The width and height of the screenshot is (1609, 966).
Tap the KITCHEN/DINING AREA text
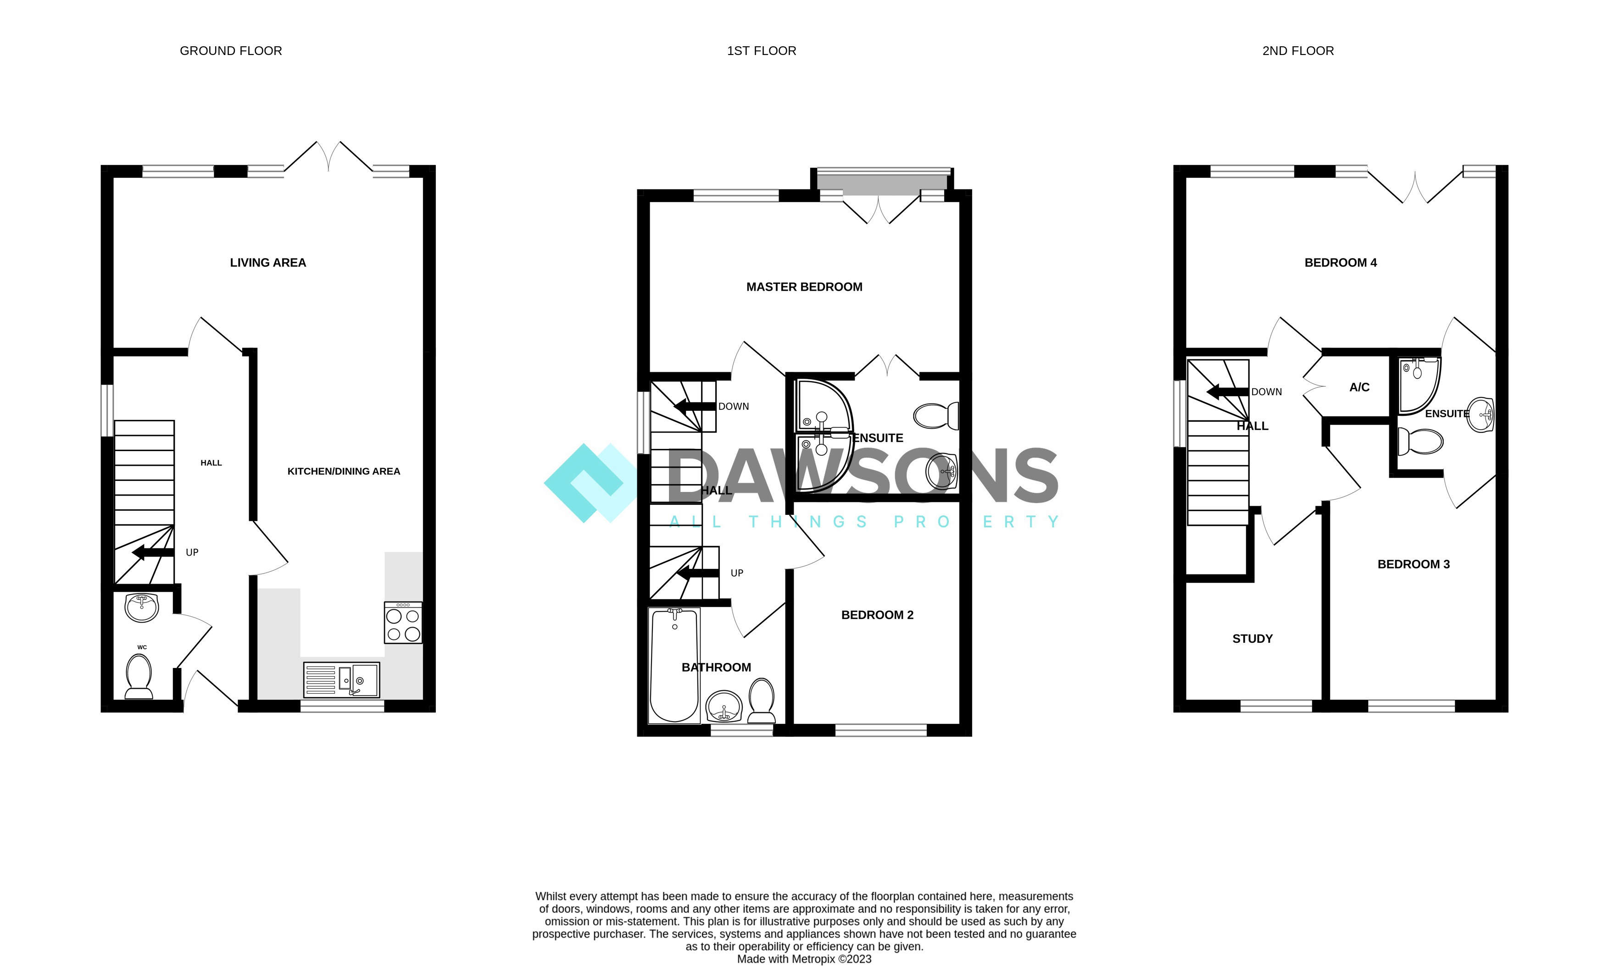click(343, 471)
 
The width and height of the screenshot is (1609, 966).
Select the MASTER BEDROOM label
click(804, 287)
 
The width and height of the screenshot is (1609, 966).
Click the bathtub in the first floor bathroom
click(674, 665)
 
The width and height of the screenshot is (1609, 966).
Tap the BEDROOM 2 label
click(877, 615)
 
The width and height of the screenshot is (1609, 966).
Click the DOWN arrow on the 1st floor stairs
click(695, 407)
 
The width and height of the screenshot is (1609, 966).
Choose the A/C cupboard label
click(1359, 387)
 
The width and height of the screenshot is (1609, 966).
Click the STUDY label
click(1252, 639)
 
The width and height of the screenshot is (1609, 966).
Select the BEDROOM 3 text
click(1413, 564)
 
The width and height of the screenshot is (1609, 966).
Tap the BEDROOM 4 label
click(1340, 263)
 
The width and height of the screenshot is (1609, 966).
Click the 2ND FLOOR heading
click(1297, 51)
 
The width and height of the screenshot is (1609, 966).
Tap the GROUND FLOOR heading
click(231, 51)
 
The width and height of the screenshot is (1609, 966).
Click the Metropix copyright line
click(804, 959)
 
